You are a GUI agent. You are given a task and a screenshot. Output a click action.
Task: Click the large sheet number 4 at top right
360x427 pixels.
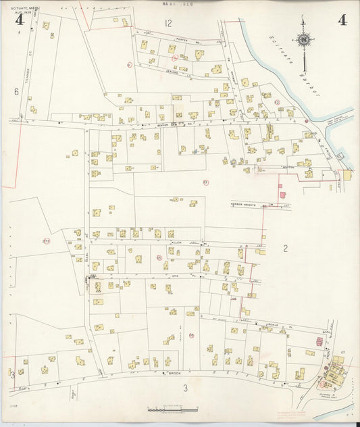click(342, 20)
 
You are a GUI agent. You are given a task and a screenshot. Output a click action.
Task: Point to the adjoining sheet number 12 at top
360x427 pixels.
click(168, 23)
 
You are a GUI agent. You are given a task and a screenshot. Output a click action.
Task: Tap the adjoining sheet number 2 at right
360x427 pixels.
click(285, 249)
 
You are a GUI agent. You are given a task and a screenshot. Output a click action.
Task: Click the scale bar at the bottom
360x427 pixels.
click(172, 410)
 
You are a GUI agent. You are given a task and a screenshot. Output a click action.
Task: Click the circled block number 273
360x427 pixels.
click(46, 241)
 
